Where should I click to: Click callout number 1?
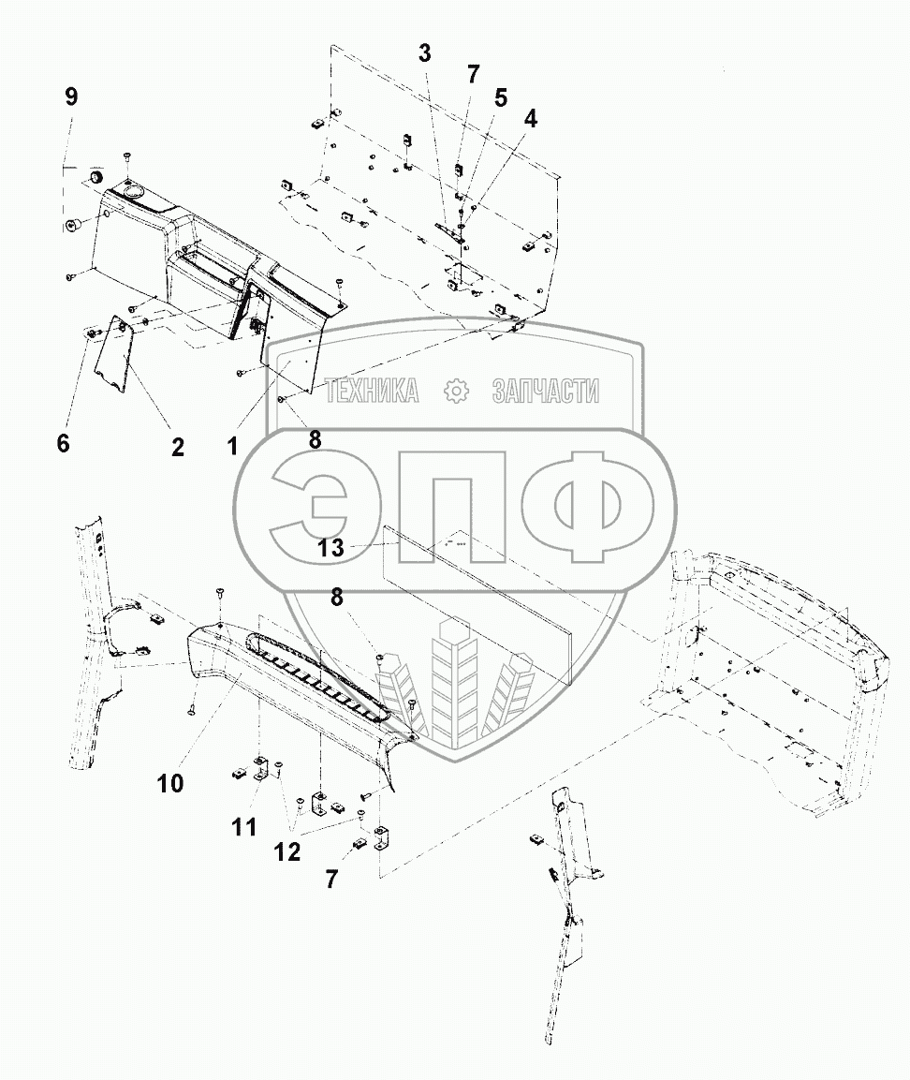pos(231,447)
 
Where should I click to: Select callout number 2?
pos(177,448)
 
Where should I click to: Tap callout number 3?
pos(425,53)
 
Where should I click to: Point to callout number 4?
pos(531,119)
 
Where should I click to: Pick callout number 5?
pos(501,96)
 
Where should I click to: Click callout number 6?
pos(63,443)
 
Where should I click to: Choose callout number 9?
pos(71,96)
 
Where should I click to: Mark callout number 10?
pos(170,783)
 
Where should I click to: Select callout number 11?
pos(243,827)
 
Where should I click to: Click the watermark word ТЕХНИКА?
pos(372,392)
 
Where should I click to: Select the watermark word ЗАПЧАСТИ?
pos(545,392)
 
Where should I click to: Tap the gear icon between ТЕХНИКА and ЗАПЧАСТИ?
pos(456,392)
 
